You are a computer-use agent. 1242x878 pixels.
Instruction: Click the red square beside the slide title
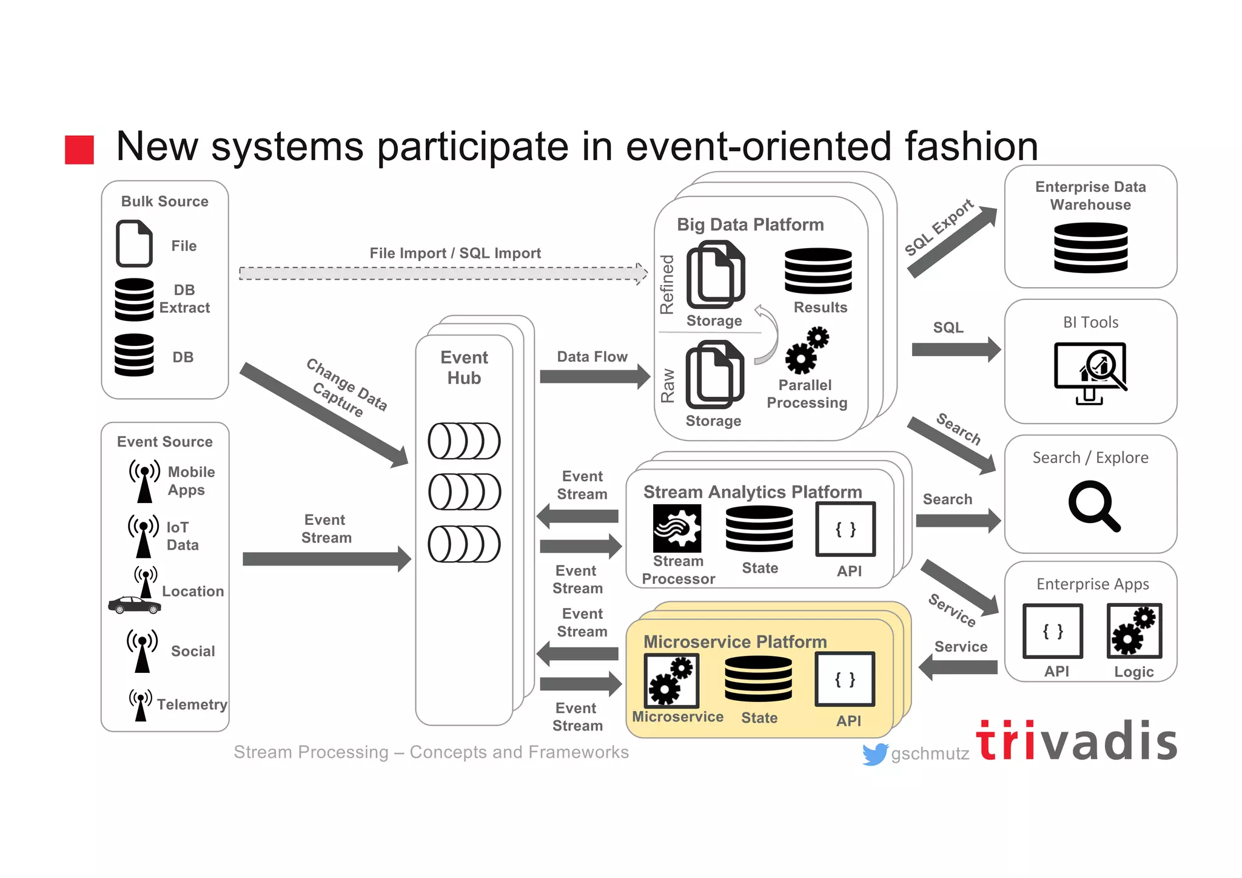pos(79,149)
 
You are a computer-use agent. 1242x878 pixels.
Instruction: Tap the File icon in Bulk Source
pos(134,244)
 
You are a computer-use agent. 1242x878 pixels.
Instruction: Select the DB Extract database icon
pos(134,299)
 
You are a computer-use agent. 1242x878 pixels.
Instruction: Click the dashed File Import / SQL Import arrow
pos(443,273)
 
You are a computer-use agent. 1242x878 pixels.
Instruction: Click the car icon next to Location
pos(135,605)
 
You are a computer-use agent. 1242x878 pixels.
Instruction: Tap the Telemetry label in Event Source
pos(192,704)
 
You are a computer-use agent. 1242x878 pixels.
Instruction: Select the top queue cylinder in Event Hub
pos(464,441)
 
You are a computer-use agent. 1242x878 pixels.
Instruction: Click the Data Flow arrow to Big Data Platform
pos(594,377)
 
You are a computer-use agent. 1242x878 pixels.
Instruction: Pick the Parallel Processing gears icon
pos(807,351)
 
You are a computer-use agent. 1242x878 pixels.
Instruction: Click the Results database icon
pos(818,271)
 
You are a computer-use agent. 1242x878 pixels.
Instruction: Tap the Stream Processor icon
pos(677,528)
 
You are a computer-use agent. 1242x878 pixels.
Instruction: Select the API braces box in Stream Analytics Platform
pos(845,529)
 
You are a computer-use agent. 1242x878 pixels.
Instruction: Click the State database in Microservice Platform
pos(758,680)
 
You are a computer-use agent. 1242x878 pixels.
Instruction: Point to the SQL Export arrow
pos(952,241)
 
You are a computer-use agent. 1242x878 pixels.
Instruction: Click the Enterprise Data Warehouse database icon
pos(1090,247)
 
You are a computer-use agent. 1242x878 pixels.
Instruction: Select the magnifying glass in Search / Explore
pos(1093,505)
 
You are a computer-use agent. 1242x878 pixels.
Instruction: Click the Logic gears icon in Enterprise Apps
pos(1134,631)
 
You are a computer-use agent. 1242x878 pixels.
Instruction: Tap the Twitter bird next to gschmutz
pos(874,754)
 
